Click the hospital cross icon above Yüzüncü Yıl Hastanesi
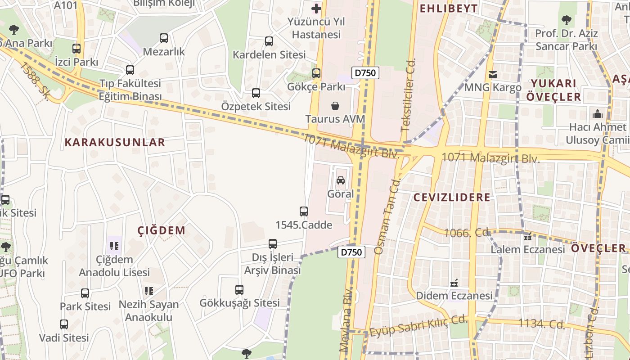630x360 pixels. click(316, 8)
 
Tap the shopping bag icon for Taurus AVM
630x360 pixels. click(335, 106)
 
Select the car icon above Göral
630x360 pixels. click(341, 180)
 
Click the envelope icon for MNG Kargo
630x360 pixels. click(493, 74)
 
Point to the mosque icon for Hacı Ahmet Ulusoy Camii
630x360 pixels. click(597, 113)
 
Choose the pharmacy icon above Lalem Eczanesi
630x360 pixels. click(528, 236)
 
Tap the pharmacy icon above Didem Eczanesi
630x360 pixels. click(454, 283)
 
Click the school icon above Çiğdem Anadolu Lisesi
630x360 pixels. click(114, 246)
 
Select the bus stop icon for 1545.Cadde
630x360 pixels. click(304, 211)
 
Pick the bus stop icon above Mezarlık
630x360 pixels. click(164, 38)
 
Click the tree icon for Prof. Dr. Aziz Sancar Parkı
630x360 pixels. click(566, 20)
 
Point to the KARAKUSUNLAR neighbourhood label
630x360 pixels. click(115, 143)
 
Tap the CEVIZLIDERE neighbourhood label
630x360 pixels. click(452, 198)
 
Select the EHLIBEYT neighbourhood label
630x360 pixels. click(448, 8)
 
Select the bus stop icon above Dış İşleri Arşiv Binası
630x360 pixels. click(273, 244)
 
